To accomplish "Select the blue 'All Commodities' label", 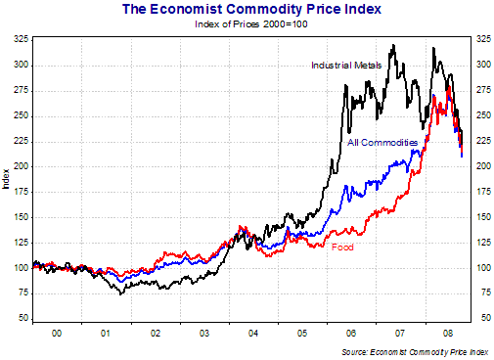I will coord(383,143).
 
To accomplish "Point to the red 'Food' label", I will coord(342,247).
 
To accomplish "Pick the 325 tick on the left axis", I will coord(21,39).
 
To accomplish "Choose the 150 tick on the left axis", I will coord(21,217).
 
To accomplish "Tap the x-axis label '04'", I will coord(252,334).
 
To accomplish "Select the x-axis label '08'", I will coord(448,334).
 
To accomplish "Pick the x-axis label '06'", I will coord(350,334).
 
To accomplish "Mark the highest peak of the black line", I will coord(393,44).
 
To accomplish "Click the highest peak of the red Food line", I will coord(448,86).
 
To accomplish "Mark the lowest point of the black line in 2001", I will coord(120,293).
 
